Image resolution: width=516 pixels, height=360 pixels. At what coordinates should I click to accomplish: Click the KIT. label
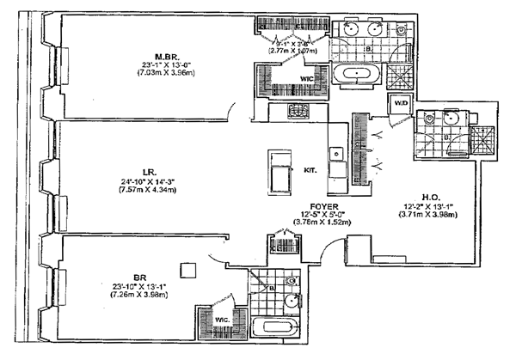point(311,169)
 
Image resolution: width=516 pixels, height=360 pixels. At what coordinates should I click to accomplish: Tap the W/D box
point(400,104)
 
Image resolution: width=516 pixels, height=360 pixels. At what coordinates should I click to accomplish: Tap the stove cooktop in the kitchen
point(298,111)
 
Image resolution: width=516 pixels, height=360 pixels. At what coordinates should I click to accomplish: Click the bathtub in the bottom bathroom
point(274,327)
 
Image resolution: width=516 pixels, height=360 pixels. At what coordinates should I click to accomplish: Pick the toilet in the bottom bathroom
point(292,282)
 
